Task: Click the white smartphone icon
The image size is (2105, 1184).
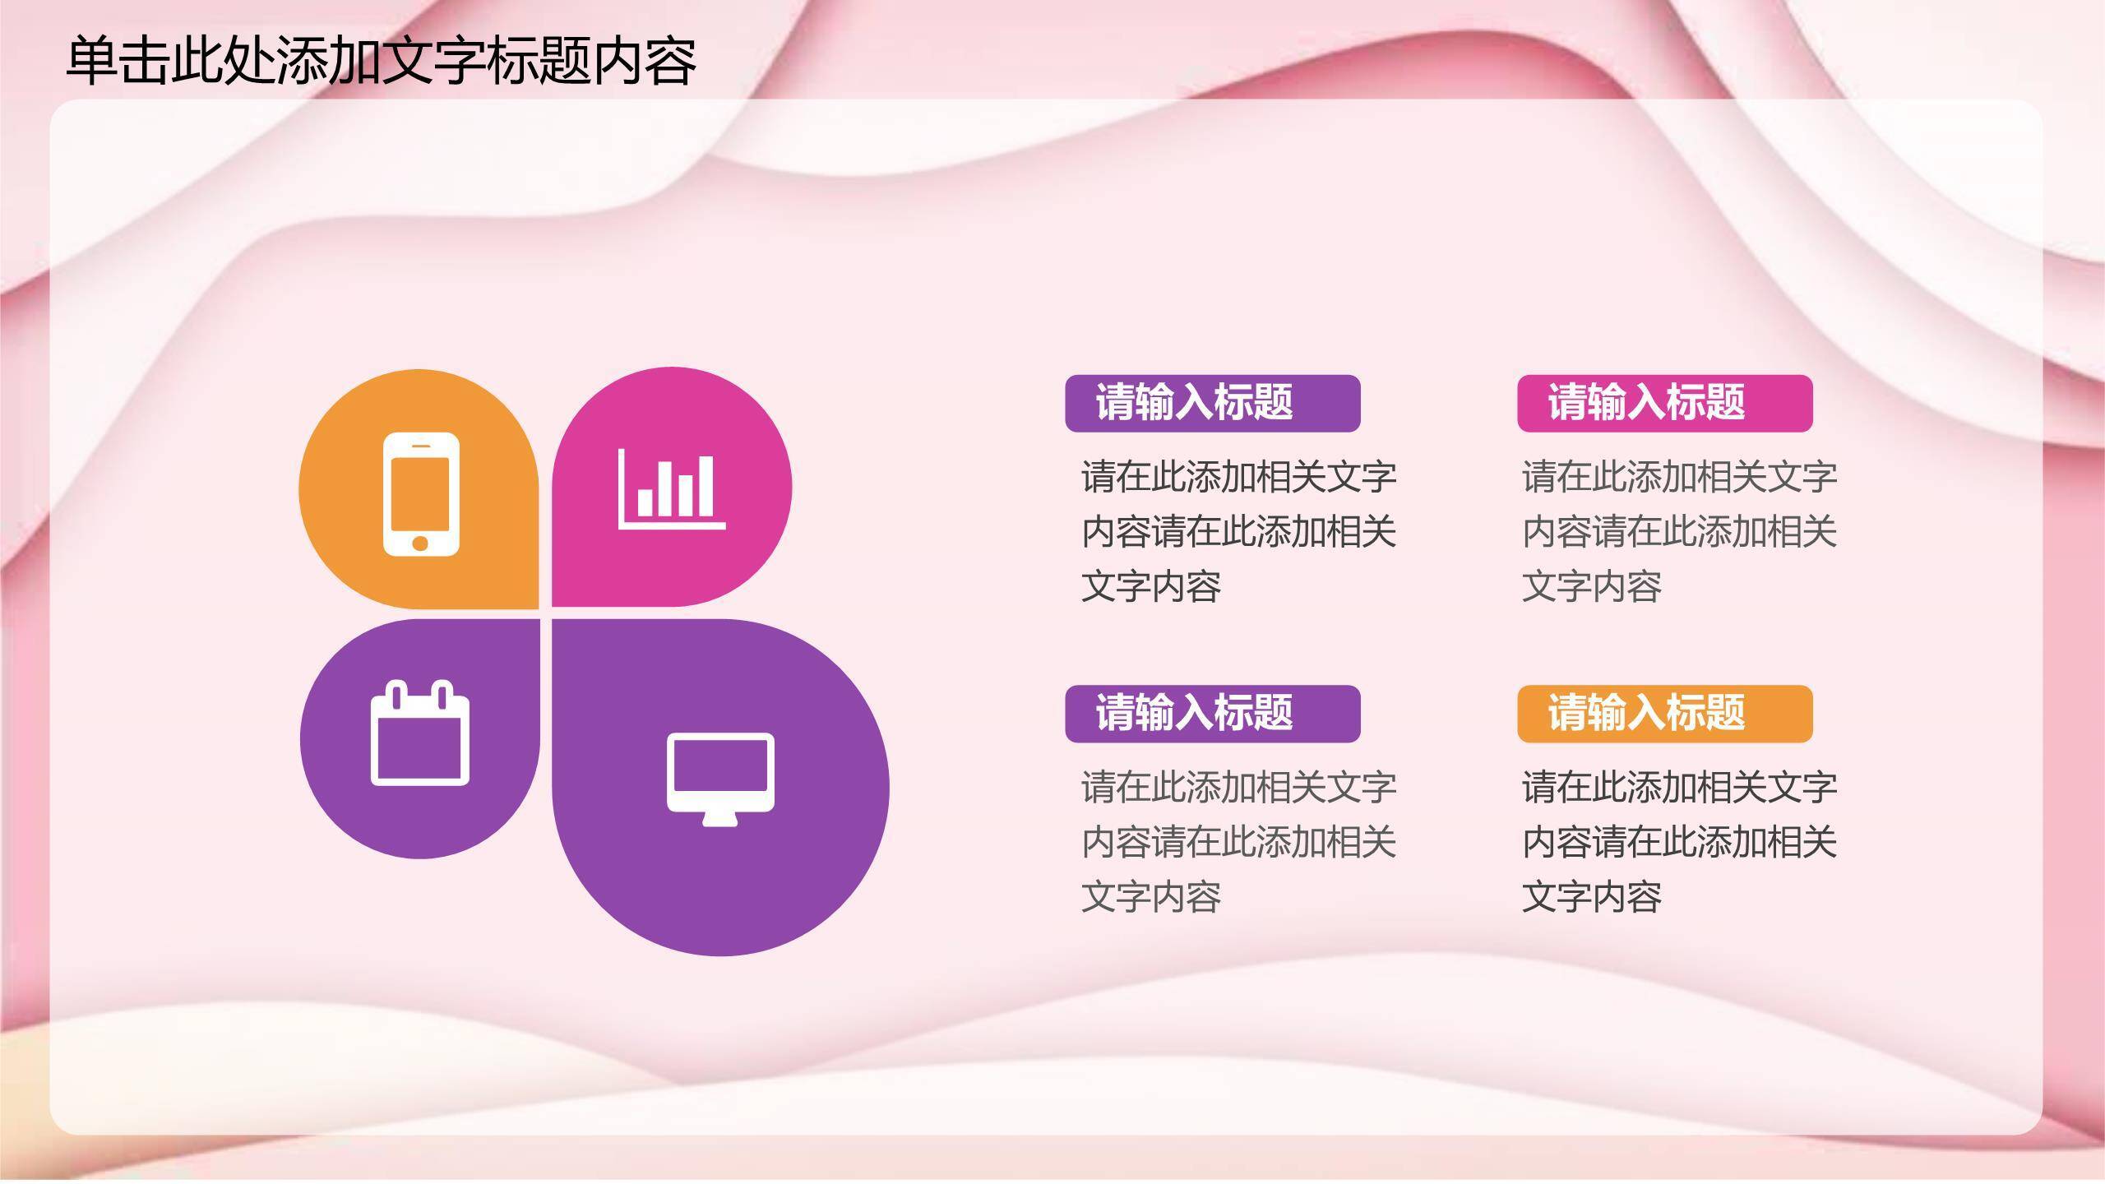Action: [421, 494]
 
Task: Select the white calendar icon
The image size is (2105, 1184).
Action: [420, 733]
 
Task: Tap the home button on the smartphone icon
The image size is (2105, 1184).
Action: [420, 543]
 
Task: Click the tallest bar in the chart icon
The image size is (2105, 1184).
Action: [705, 487]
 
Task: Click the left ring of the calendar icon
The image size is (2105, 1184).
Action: [397, 696]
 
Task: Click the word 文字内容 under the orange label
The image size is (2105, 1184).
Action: [1591, 897]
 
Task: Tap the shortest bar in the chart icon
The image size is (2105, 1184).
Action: [645, 502]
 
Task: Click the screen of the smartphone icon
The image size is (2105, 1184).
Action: [420, 494]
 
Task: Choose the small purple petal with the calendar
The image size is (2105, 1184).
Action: [345, 789]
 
